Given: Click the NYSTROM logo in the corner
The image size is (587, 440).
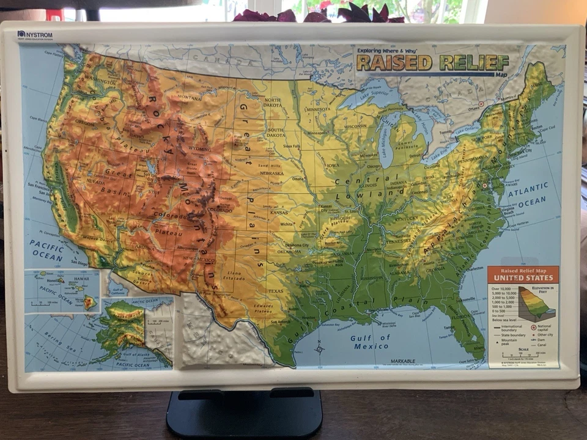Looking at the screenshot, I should coord(35,35).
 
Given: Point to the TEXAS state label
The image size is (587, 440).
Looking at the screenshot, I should coord(276,291).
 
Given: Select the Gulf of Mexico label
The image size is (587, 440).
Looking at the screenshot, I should coord(370,342).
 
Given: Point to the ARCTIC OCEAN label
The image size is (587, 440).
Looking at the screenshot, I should coord(145,301).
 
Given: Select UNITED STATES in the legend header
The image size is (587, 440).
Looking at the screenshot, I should coord(523,278).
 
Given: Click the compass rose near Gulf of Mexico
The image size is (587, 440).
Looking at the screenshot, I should coord(319,350).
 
